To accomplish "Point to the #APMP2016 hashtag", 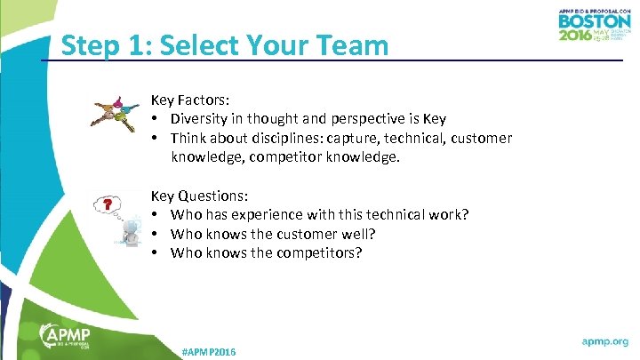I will (209, 353).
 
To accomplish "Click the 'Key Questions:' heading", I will (199, 196).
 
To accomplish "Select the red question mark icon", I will (108, 205).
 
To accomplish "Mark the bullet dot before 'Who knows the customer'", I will (155, 234).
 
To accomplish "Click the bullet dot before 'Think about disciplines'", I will (155, 139).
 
